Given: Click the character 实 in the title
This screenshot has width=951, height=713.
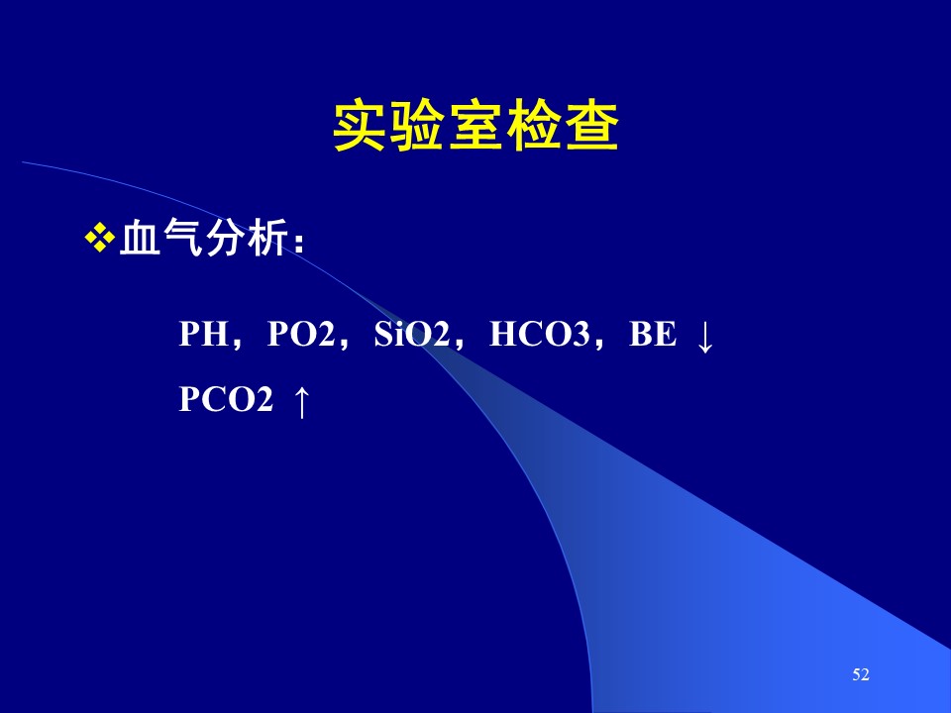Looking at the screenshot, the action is click(x=359, y=127).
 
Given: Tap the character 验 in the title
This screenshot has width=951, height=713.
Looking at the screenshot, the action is click(x=417, y=127).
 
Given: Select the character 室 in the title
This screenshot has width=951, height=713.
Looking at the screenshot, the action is click(x=475, y=127).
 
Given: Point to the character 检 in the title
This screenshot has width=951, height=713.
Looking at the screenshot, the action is click(x=534, y=127).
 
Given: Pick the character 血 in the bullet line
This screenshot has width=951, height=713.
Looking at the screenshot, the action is click(x=140, y=237).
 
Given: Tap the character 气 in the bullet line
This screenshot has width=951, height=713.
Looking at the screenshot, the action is click(x=182, y=237).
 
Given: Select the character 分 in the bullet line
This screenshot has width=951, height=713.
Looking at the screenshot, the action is click(x=225, y=237).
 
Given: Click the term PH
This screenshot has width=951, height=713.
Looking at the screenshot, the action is click(x=204, y=334).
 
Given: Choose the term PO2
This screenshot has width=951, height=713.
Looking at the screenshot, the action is click(x=301, y=334).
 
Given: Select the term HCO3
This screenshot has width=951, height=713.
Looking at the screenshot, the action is click(x=539, y=334).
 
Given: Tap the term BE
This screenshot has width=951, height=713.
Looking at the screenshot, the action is click(x=653, y=334).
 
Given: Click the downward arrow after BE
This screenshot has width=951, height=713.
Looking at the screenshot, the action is click(x=704, y=338).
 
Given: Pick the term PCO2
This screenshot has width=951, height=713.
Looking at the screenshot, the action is click(x=226, y=399).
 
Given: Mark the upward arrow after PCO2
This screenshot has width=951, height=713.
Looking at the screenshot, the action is click(x=301, y=402).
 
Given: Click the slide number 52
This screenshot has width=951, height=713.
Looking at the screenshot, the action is click(x=861, y=674).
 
